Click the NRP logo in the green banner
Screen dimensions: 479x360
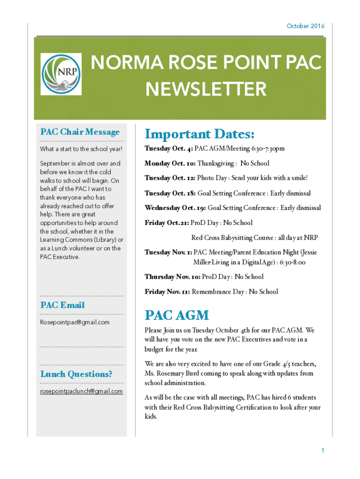61,74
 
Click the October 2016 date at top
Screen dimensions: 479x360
305,26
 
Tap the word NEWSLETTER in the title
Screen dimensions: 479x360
206,89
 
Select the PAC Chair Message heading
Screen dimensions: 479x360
80,132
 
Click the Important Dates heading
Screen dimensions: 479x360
200,135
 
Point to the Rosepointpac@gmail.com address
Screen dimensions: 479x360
75,322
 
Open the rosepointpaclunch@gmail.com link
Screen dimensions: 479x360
81,391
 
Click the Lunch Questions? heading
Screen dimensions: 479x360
76,374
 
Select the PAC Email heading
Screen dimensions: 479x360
63,305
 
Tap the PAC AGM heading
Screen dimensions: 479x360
177,315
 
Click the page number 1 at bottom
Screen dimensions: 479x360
323,450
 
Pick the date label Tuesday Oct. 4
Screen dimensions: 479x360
169,149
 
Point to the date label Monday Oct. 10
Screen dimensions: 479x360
170,164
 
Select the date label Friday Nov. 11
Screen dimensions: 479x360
167,292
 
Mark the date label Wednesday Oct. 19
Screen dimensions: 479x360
175,208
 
